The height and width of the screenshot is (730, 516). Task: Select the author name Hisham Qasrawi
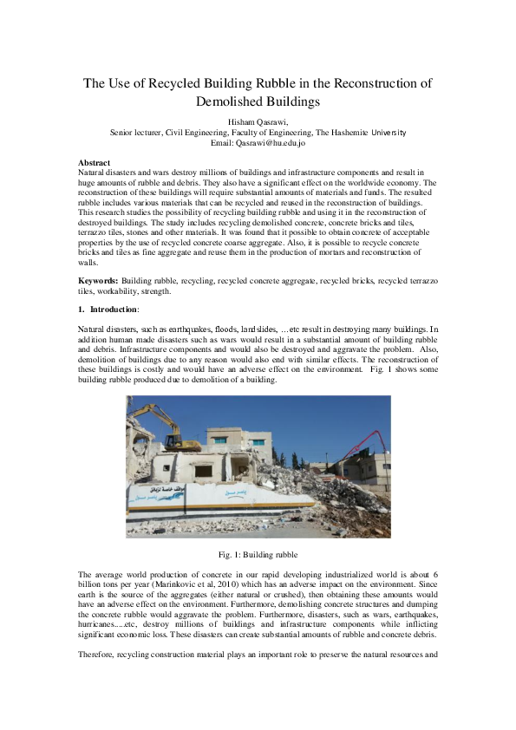pos(258,121)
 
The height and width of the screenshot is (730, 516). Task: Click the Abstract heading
pos(94,163)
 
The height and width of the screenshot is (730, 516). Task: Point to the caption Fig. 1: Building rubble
pos(258,554)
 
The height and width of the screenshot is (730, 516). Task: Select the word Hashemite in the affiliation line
pos(356,132)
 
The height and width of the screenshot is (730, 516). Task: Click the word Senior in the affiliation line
pos(122,132)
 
